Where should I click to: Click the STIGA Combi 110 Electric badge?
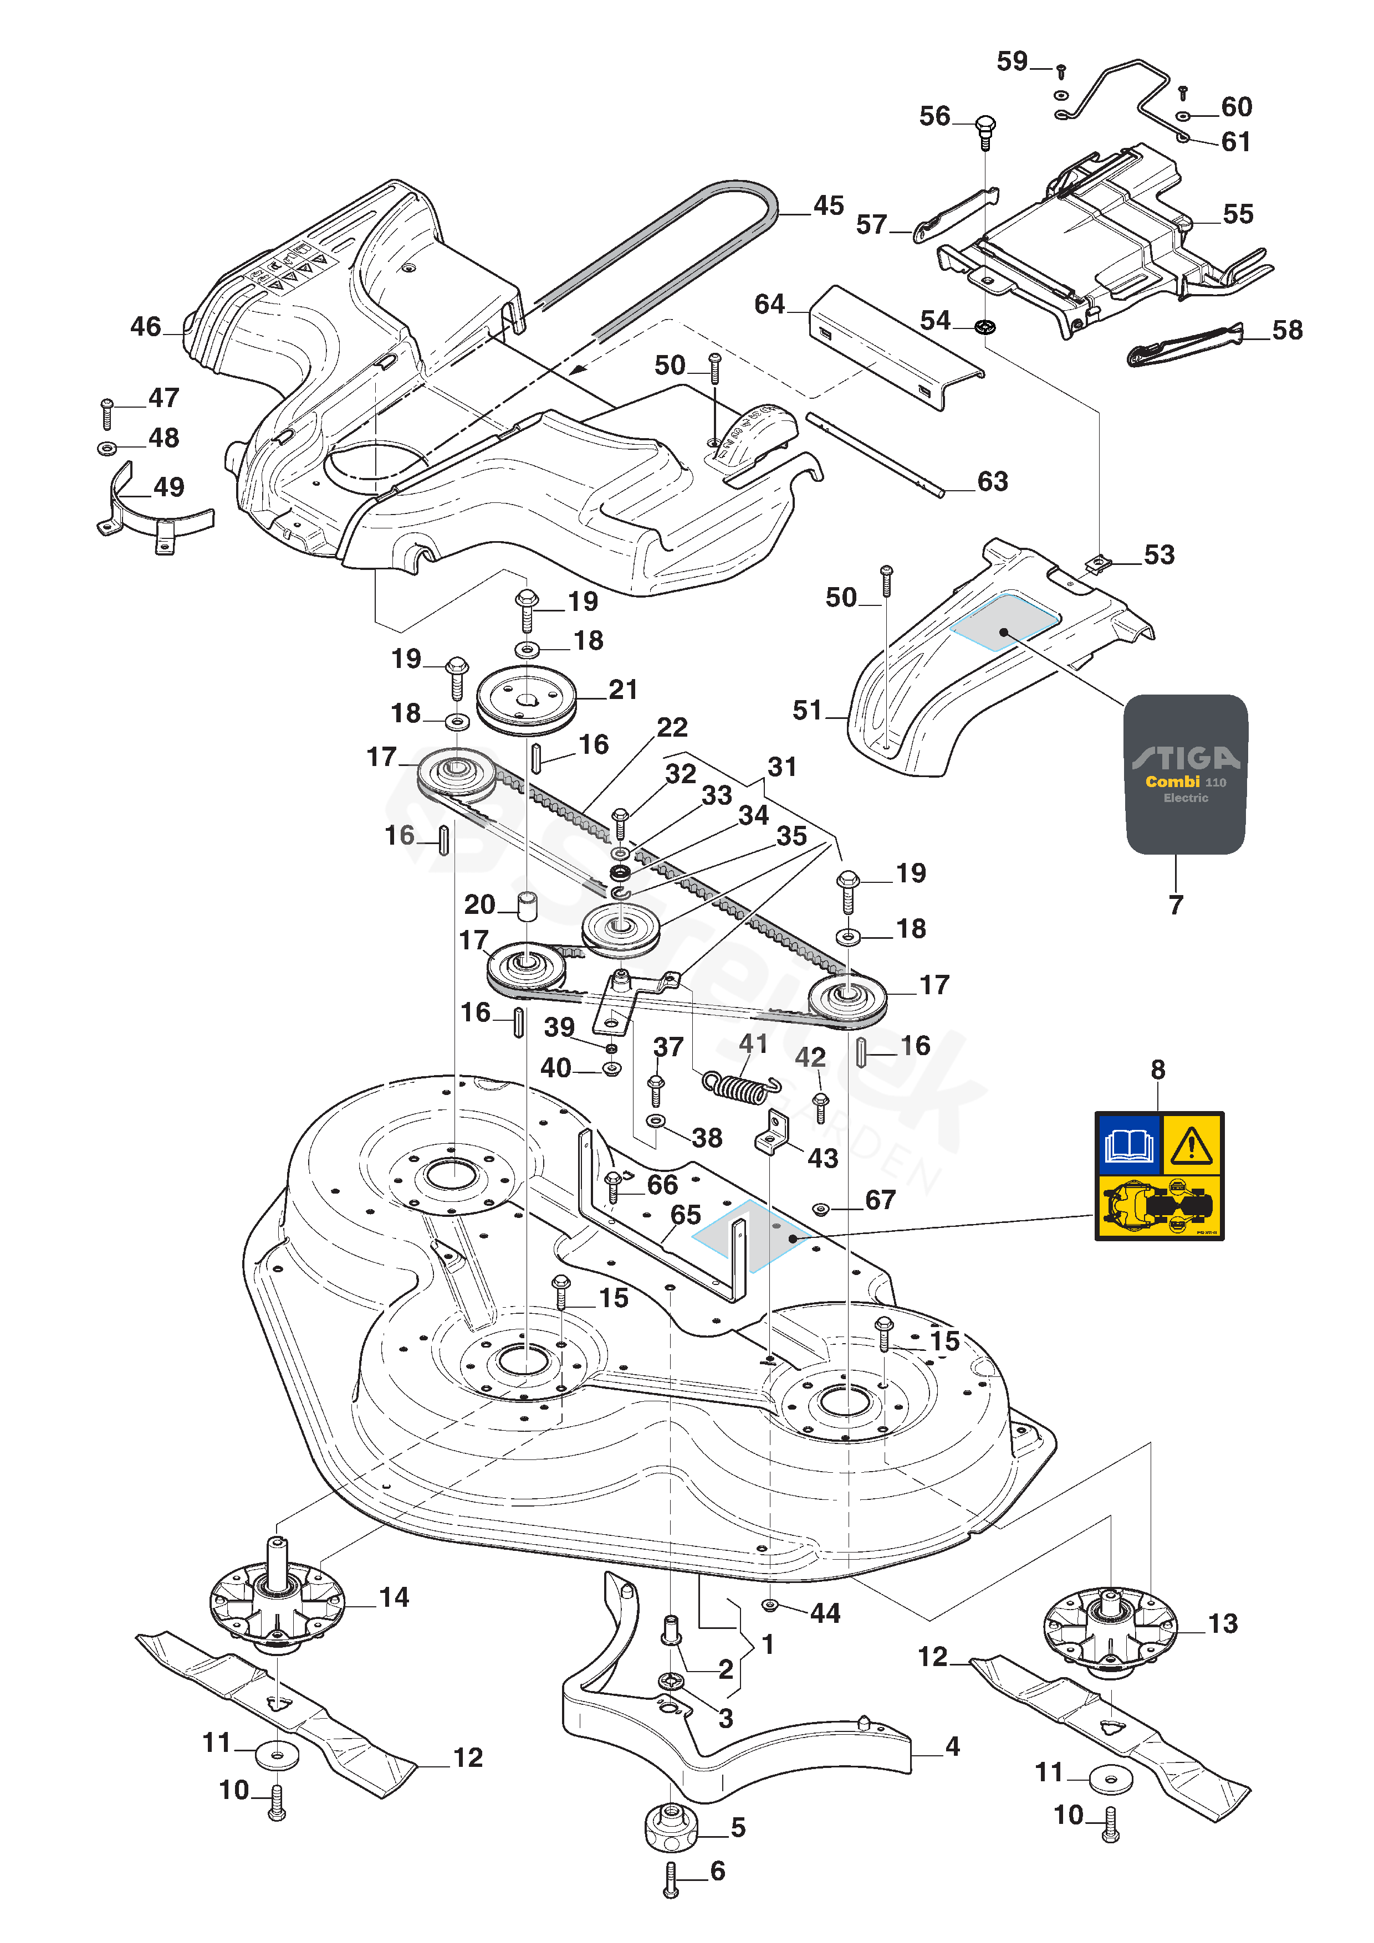pyautogui.click(x=1185, y=774)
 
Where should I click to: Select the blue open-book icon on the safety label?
pyautogui.click(x=1128, y=1145)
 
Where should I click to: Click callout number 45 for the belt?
pyautogui.click(x=828, y=205)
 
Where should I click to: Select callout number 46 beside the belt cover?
pyautogui.click(x=146, y=327)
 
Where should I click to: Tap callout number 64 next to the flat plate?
pyautogui.click(x=769, y=304)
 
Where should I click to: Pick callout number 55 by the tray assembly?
pyautogui.click(x=1237, y=214)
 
